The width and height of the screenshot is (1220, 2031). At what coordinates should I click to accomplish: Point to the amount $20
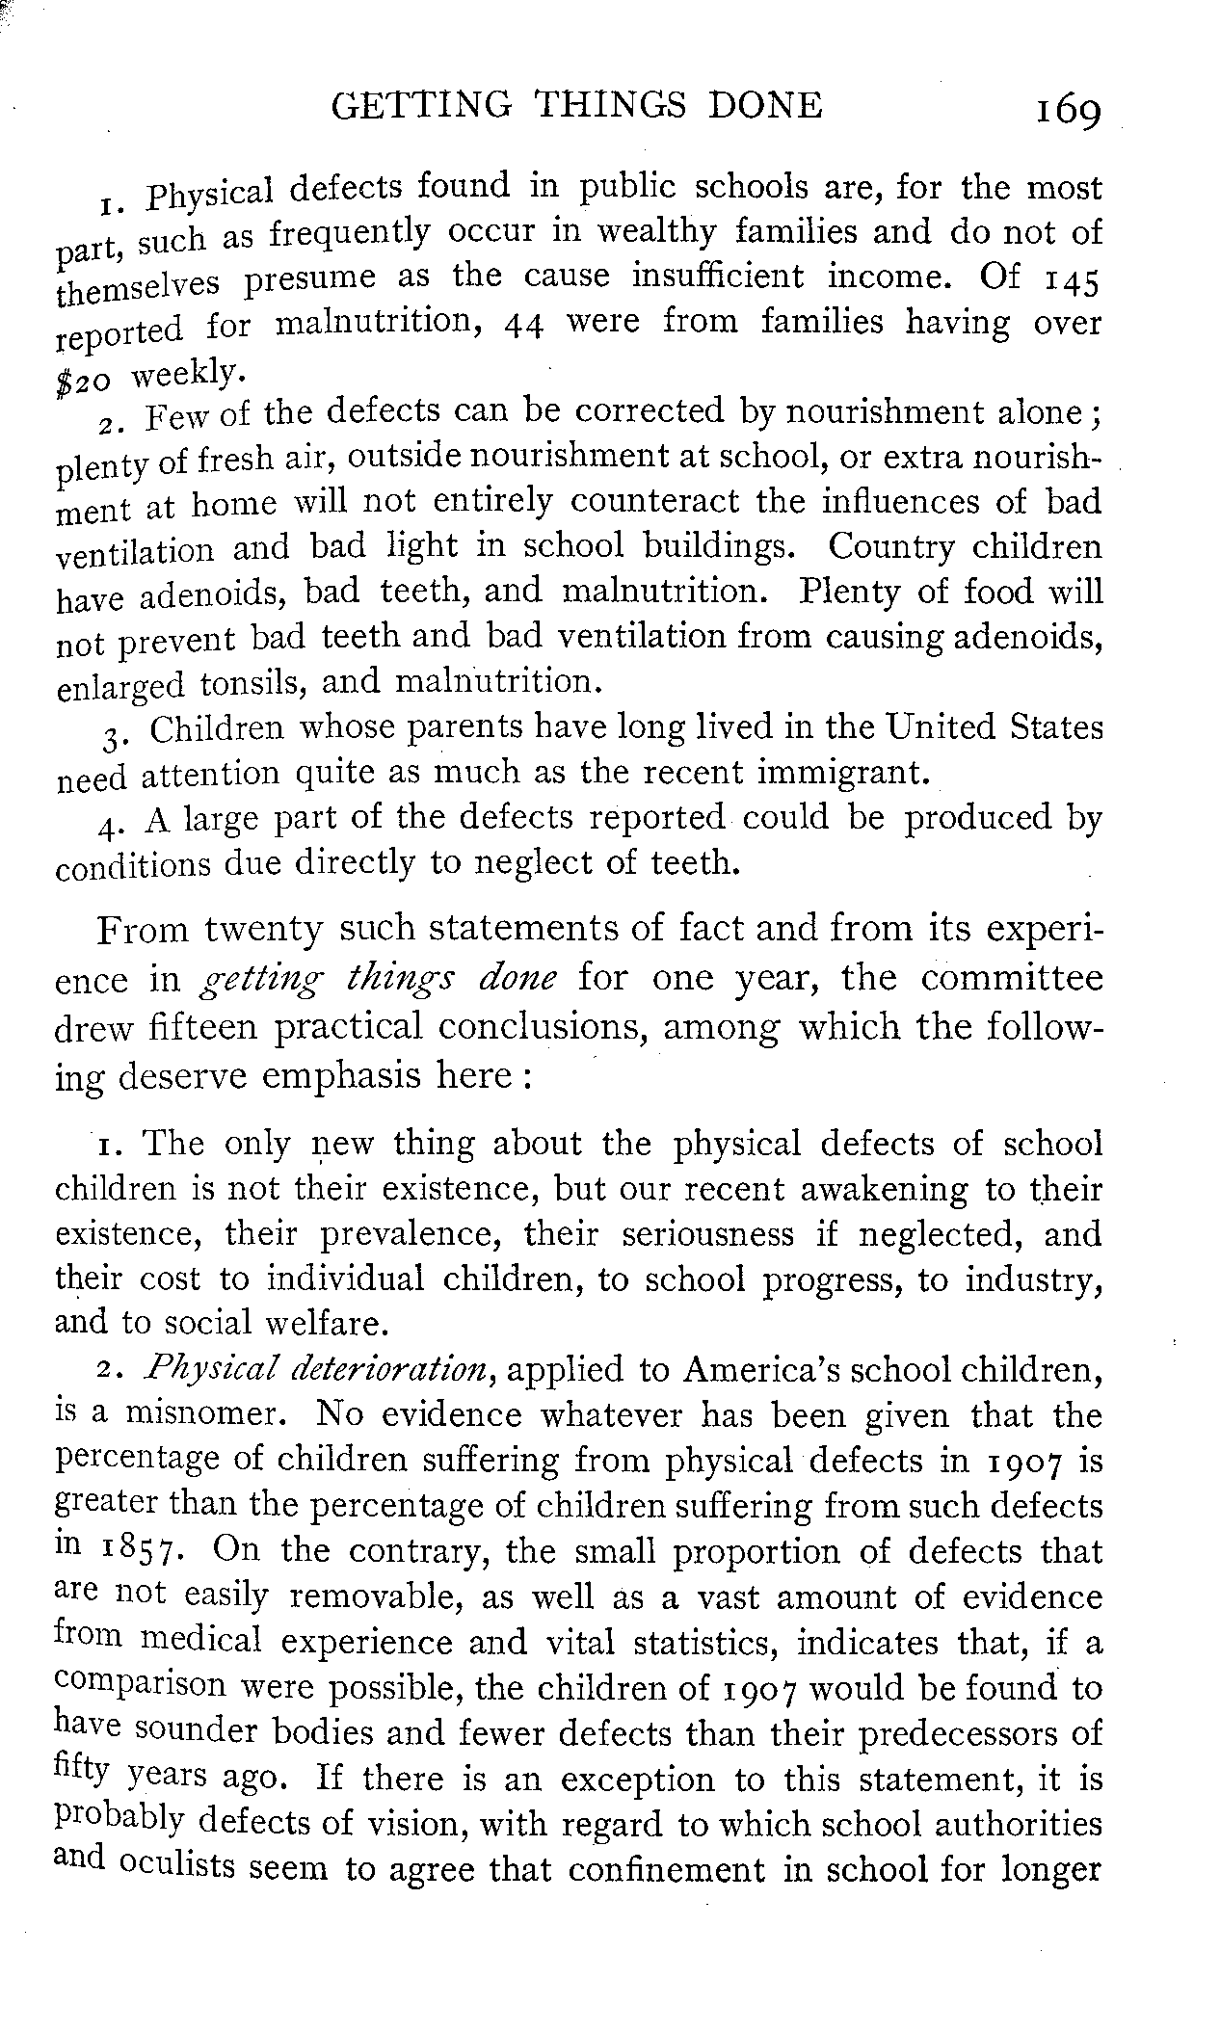coord(86,379)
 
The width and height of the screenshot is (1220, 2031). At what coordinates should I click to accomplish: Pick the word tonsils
coord(253,684)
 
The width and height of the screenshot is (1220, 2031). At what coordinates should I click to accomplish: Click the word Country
coord(891,547)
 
